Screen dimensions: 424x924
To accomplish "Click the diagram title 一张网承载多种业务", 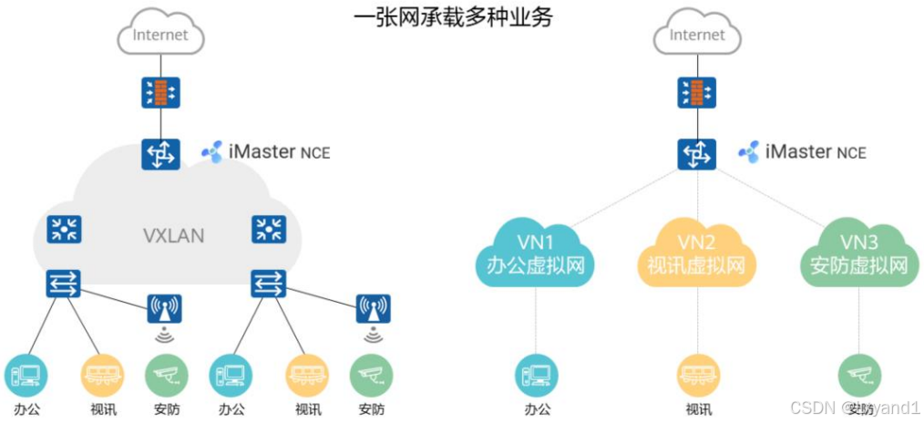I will click(x=452, y=16).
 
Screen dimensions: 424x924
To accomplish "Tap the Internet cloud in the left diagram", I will click(x=160, y=36).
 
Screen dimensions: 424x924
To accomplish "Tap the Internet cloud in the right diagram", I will click(x=697, y=36).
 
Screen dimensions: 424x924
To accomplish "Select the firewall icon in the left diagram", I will click(x=160, y=92).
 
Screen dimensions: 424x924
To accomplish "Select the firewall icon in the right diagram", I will click(x=697, y=92).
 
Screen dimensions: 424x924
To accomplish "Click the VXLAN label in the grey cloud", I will click(x=173, y=236).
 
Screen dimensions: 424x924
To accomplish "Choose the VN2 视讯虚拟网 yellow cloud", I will click(x=697, y=255).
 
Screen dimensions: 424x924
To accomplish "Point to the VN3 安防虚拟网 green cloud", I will click(x=858, y=255).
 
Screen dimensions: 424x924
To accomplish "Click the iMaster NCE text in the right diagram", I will click(x=816, y=151).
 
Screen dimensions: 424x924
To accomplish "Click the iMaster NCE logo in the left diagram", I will click(x=211, y=152).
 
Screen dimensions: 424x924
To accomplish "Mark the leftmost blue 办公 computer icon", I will click(x=26, y=374).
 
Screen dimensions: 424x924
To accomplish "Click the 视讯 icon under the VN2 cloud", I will click(x=697, y=374).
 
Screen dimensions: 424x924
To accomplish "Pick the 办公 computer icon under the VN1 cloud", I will click(x=536, y=374).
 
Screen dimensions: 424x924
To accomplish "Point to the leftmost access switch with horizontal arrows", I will click(x=64, y=284).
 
